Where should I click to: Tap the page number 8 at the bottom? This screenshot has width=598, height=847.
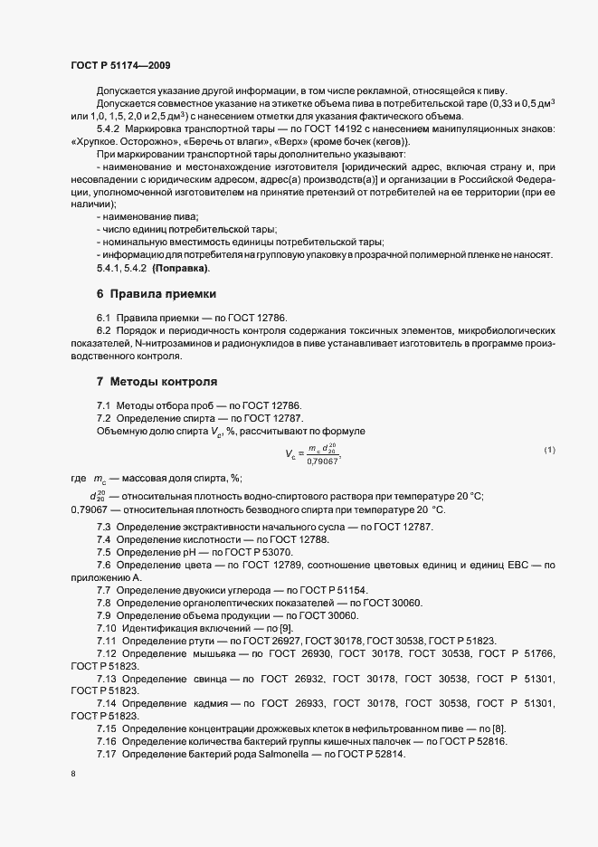(x=72, y=774)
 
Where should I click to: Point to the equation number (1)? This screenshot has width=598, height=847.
(x=549, y=451)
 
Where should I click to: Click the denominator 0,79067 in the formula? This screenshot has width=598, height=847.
(x=322, y=461)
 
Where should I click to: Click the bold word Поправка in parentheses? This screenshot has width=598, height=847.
(x=183, y=268)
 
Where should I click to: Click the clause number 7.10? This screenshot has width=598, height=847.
(x=107, y=628)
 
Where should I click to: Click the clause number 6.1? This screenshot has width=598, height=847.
(x=104, y=319)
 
